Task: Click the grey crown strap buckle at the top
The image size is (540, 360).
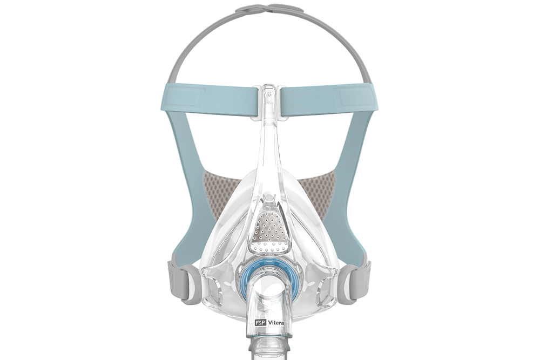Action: tap(270, 9)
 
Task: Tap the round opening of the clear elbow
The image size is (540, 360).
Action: tap(268, 291)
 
